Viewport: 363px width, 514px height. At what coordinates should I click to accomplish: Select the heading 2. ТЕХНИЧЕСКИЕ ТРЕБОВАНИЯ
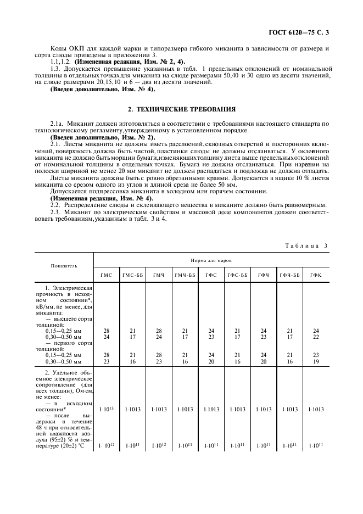181,109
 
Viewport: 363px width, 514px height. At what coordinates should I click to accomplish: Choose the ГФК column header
316,275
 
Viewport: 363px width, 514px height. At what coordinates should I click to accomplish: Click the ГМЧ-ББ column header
185,275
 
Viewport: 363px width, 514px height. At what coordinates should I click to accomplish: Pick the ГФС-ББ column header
237,275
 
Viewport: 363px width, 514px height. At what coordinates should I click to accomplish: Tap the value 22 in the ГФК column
316,337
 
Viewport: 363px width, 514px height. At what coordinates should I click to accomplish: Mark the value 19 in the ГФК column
316,362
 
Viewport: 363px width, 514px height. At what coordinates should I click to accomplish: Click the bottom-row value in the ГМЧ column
158,445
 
